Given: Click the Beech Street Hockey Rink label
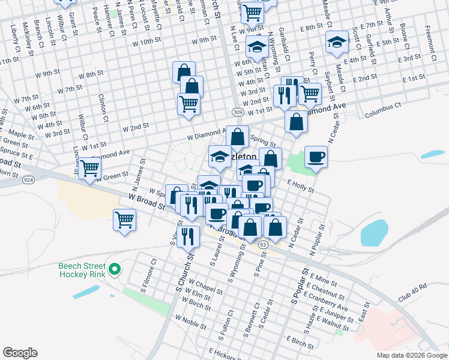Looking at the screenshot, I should [82, 270].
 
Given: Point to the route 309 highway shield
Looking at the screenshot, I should [238, 112].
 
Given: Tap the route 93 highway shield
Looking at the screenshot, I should [264, 244].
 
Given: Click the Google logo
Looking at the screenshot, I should [20, 353].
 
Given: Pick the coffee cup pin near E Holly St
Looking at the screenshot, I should [316, 157].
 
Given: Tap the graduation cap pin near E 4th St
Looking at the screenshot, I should [337, 42].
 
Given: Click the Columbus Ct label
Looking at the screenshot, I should [382, 109].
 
